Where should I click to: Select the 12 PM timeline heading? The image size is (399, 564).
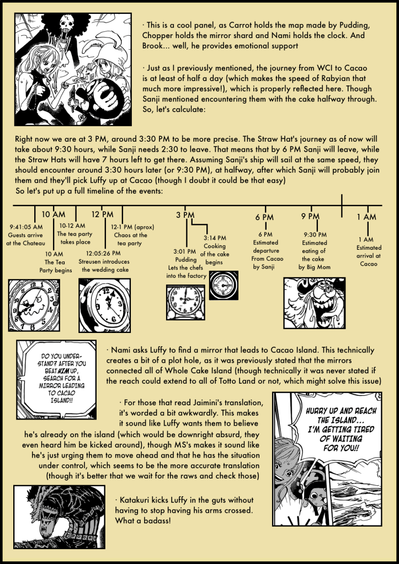(102, 214)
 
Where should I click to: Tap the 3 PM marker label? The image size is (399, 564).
(185, 214)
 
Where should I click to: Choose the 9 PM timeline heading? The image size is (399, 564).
(311, 216)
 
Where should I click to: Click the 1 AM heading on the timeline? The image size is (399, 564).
(366, 217)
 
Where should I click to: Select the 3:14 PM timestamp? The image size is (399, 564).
(215, 238)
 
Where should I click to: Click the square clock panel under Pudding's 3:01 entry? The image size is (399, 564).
(186, 302)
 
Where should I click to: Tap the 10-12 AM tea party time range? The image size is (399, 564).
(72, 225)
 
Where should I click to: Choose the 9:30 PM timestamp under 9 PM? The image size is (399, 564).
(315, 234)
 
